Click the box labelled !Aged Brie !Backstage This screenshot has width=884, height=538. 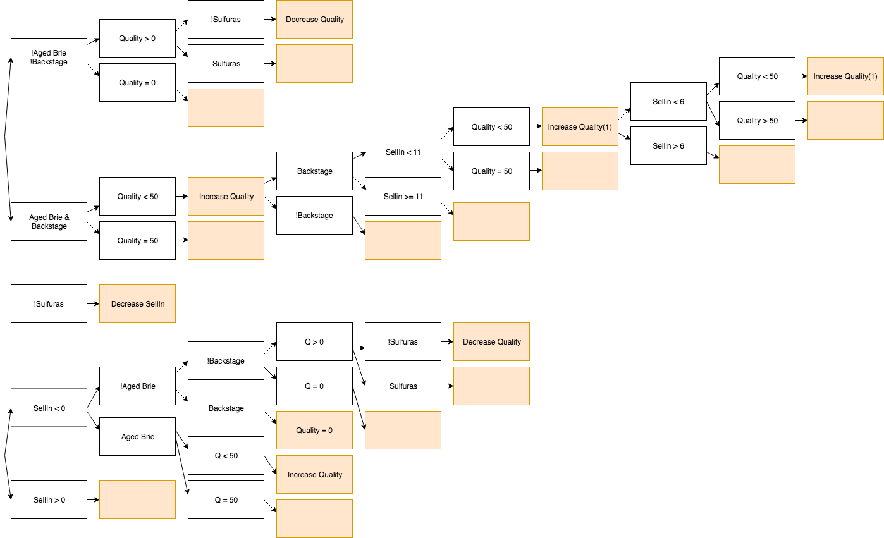[x=49, y=58]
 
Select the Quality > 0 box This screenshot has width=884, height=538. [x=137, y=39]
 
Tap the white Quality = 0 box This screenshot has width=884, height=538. [x=137, y=83]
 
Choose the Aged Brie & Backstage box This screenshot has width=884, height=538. [x=49, y=222]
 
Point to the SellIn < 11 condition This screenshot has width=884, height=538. [x=403, y=152]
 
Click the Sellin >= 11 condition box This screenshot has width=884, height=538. [x=403, y=197]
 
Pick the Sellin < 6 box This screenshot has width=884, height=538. [x=668, y=102]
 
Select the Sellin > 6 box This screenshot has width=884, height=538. [x=668, y=146]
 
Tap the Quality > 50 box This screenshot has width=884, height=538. [x=757, y=121]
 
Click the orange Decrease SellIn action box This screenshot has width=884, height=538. [x=137, y=304]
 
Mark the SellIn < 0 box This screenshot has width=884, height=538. [x=49, y=408]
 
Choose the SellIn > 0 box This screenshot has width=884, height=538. [x=49, y=500]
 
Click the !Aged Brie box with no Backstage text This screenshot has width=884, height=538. [x=137, y=386]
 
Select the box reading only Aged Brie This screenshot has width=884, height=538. [x=137, y=437]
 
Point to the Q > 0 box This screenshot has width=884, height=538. [x=314, y=342]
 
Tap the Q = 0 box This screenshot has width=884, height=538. [x=314, y=386]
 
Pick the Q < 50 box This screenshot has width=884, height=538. [x=226, y=456]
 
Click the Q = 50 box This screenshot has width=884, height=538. [x=226, y=500]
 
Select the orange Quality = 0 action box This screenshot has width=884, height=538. [x=314, y=431]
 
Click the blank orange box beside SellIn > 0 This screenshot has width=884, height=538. [x=137, y=500]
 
